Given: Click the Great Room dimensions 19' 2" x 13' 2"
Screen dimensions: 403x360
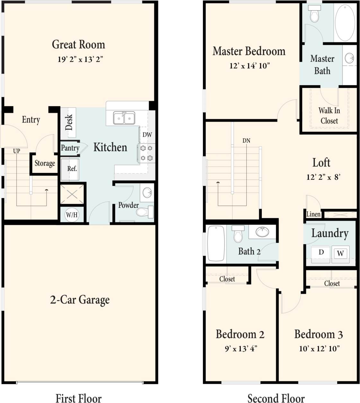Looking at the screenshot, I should tap(80, 59).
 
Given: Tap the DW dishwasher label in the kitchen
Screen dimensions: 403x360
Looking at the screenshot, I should tap(147, 135).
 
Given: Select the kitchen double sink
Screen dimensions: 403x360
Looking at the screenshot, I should tap(124, 118).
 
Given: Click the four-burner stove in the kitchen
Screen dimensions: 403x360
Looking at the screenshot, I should tap(146, 153).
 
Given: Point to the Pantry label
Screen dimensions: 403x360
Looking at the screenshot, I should tap(70, 148).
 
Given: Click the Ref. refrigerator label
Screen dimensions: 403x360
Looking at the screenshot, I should tap(72, 169).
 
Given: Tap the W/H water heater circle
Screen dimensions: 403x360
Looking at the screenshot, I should tap(72, 215).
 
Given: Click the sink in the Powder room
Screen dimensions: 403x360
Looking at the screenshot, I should tap(147, 193).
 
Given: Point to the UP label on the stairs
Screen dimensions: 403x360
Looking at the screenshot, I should tap(16, 151).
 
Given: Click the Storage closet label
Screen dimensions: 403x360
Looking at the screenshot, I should tap(45, 163).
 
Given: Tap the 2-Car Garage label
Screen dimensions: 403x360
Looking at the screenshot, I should tap(80, 300).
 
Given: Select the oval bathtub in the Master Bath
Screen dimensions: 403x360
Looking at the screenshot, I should tap(345, 22).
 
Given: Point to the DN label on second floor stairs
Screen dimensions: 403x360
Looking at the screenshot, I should tap(246, 141).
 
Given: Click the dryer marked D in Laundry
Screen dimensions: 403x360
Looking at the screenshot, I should tap(321, 253).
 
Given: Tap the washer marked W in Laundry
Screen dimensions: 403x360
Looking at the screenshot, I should tap(340, 253).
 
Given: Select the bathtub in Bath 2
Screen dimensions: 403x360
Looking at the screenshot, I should tap(216, 243).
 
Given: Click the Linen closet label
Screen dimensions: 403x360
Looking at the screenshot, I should tap(313, 214).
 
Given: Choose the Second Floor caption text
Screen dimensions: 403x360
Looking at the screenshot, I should tap(276, 398).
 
